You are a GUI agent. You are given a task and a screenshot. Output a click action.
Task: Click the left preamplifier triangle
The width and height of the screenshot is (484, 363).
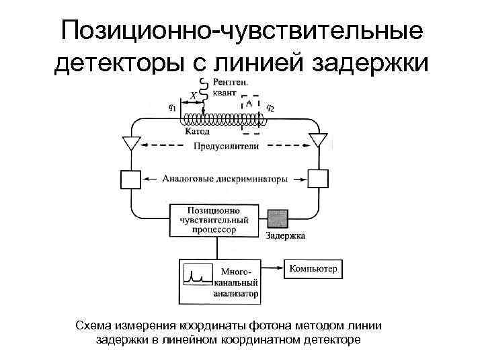pos(130,143)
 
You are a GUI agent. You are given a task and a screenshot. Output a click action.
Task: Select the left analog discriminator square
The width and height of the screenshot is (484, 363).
pos(130,179)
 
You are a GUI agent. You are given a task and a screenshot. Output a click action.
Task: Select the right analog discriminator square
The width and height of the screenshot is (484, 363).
pos(318,179)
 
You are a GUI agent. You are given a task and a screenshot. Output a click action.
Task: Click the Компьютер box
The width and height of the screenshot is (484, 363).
pos(313,270)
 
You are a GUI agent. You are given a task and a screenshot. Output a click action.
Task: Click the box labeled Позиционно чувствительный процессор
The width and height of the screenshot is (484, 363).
pos(214,220)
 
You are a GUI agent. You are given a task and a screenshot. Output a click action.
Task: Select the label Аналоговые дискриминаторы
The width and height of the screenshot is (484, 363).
pos(225,179)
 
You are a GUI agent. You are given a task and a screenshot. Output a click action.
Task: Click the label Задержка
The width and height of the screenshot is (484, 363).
pos(285,236)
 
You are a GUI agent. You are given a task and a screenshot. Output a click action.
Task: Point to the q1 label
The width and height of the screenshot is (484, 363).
pos(172,106)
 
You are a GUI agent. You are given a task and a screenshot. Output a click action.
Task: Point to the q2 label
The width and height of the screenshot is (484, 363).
pos(270,106)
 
